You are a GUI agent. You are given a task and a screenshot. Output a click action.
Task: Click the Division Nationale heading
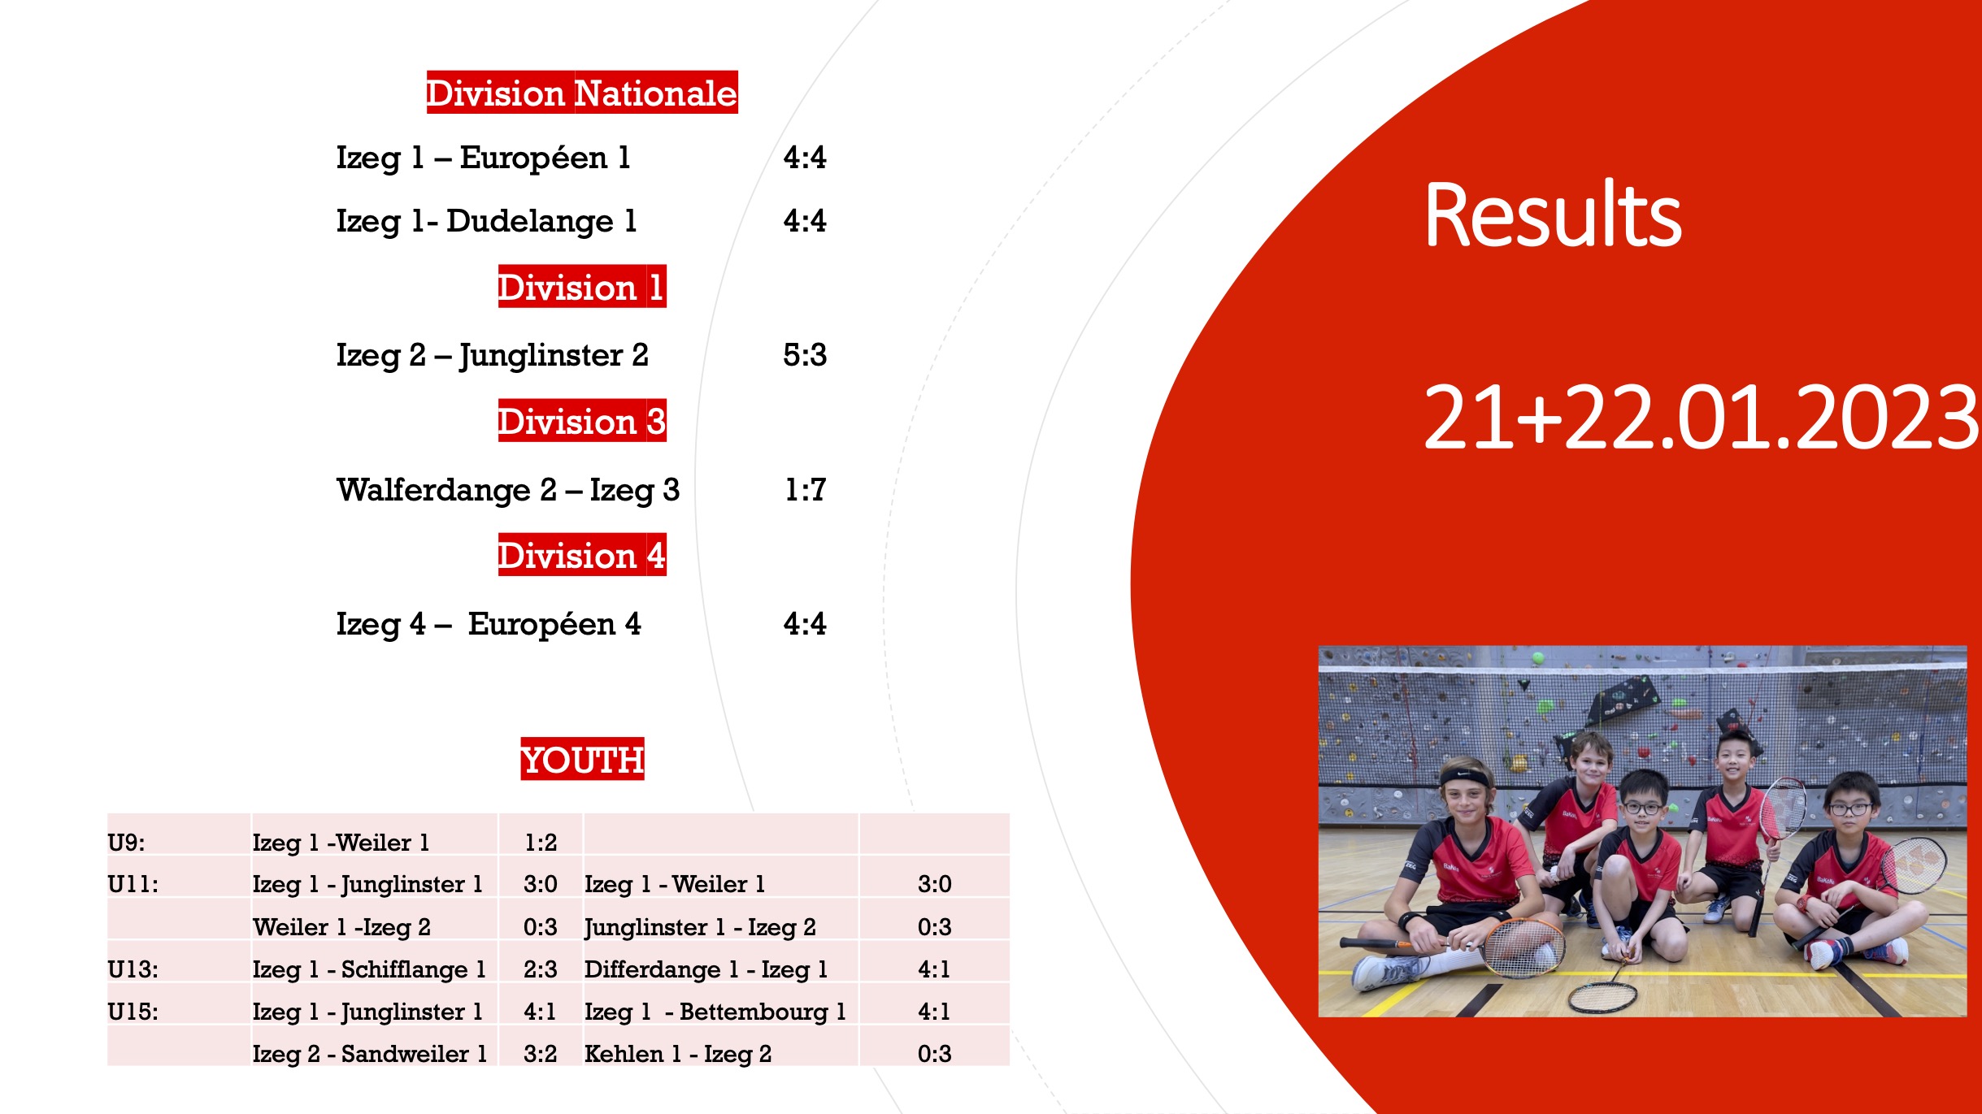tap(582, 93)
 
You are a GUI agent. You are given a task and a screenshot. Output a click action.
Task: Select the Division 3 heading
tap(582, 421)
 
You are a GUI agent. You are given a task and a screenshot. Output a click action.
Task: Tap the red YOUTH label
tap(582, 760)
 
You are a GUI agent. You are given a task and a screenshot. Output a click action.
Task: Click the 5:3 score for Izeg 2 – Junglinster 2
tap(805, 355)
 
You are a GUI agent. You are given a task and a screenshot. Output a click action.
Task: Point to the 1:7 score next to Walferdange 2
tap(805, 490)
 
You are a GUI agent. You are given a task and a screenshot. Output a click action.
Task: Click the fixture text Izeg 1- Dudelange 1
tap(486, 221)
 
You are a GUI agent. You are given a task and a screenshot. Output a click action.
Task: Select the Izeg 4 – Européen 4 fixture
tap(488, 625)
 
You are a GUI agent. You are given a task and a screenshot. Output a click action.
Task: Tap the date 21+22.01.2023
tap(1701, 417)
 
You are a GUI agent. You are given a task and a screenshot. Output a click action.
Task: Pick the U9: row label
tap(126, 843)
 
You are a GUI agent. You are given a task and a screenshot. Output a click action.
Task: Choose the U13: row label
tap(133, 969)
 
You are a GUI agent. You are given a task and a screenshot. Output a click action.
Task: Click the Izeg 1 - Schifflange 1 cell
tap(369, 969)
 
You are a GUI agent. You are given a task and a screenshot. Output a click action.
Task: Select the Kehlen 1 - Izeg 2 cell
tap(678, 1054)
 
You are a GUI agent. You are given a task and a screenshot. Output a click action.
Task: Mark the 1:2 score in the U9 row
tap(541, 843)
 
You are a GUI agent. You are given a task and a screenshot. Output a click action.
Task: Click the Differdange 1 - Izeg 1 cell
tap(706, 969)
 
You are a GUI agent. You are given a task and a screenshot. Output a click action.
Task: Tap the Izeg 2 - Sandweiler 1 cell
tap(370, 1054)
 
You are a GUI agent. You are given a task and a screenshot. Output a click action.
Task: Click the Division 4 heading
tap(582, 555)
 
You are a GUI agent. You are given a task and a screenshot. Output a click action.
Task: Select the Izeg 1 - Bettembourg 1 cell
tap(715, 1012)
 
